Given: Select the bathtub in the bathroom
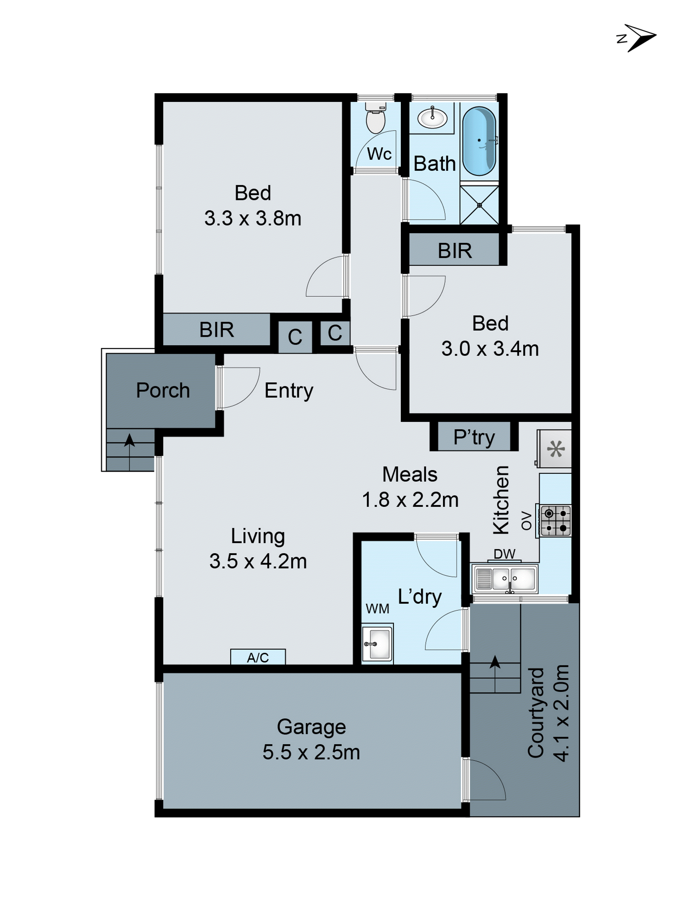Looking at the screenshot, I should pos(479,141).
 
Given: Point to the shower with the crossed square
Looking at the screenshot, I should pos(479,205).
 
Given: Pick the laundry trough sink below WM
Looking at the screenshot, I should pos(377,644).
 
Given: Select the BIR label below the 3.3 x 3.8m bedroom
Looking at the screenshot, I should pos(216,330).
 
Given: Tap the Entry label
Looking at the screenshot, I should pos(289,390).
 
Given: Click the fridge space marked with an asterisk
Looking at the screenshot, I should pos(555,449).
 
